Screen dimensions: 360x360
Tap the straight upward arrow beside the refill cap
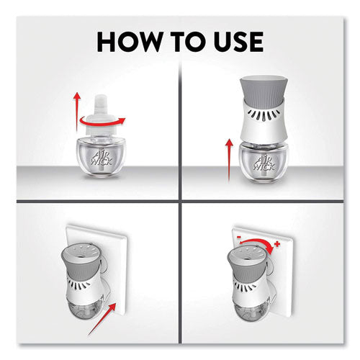click(77, 111)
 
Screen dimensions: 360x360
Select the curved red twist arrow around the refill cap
click(102, 122)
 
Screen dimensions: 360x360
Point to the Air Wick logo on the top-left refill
click(102, 158)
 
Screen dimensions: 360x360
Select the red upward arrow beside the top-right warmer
click(230, 160)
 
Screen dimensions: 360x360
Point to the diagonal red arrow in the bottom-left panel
click(102, 319)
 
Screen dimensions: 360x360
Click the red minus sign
click(239, 237)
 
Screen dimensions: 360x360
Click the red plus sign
click(277, 244)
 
